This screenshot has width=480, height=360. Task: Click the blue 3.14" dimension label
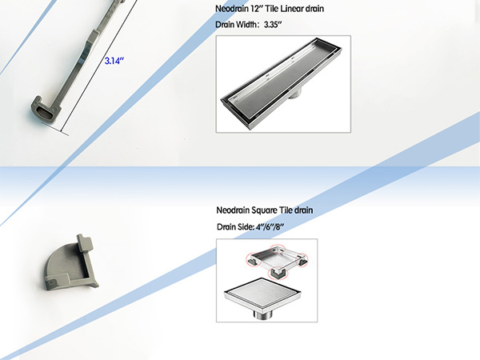tap(114, 61)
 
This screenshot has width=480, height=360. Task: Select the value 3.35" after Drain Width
tap(273, 25)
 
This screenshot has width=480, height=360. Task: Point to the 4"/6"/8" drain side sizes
tap(270, 227)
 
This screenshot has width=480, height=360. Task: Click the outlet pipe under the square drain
tap(262, 314)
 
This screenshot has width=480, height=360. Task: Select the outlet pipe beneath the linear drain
tap(294, 93)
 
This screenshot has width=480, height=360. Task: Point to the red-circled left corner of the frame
tap(254, 259)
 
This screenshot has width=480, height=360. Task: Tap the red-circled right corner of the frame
tap(302, 260)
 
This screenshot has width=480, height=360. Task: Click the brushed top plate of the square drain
tap(262, 291)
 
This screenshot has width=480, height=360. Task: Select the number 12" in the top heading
tap(257, 9)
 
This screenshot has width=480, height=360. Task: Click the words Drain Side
tap(235, 227)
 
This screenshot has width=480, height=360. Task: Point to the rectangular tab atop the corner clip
tap(85, 242)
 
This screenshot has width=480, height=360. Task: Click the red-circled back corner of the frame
tap(278, 249)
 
